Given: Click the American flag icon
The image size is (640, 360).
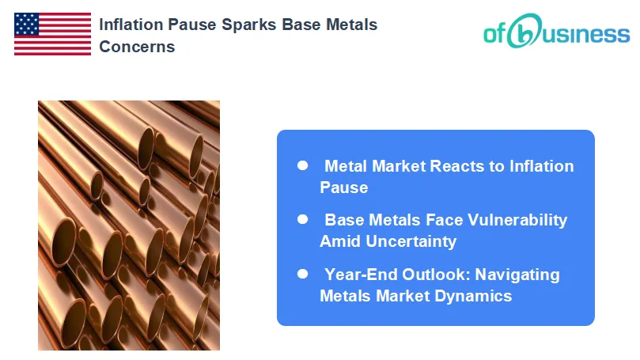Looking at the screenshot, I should (52, 34).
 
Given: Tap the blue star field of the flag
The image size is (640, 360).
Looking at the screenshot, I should (26, 25).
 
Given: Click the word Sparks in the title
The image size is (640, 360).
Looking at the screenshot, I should (236, 25).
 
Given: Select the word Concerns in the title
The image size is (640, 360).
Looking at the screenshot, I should (137, 47).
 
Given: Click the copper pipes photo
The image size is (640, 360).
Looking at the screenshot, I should (129, 225).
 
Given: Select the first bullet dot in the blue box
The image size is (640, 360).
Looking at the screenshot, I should (302, 165).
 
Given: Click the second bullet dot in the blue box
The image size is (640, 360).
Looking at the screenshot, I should (302, 219).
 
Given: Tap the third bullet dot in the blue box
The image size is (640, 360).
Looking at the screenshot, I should (302, 274).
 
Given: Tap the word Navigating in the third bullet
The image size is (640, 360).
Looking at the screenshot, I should (519, 275).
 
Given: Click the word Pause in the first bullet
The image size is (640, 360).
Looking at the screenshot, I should (344, 188).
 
